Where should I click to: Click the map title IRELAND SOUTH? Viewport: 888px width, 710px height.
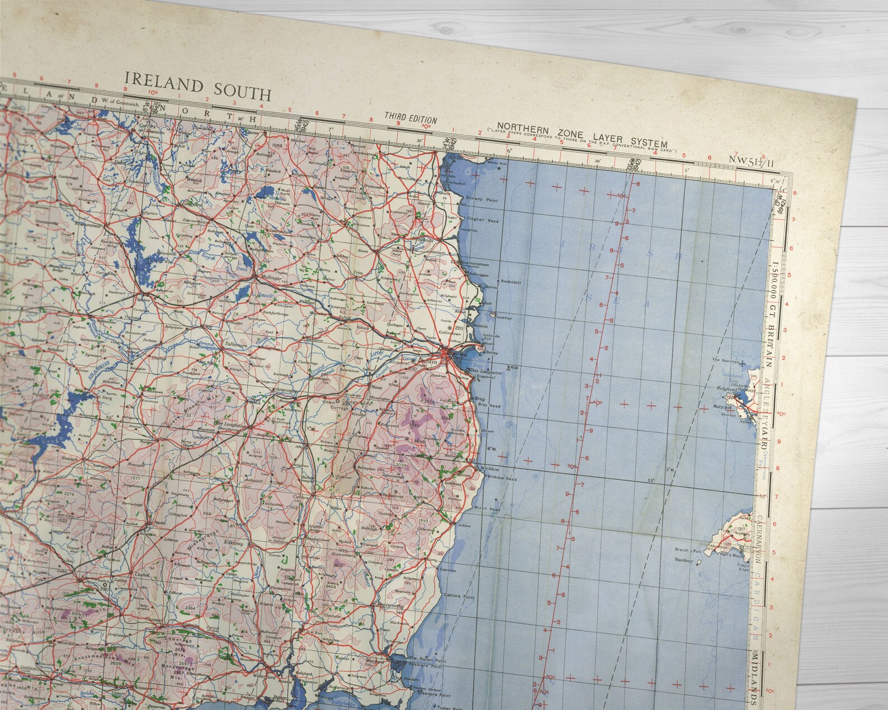pos(198,87)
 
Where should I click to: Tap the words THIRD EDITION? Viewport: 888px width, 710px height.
pos(410,117)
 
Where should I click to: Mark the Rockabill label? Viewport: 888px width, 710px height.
pos(511,282)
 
